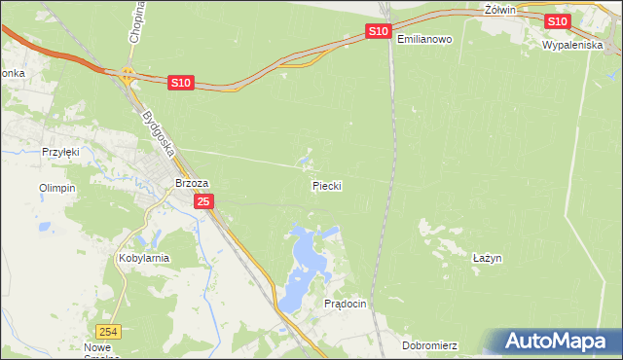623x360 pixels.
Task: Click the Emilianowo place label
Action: point(425,39)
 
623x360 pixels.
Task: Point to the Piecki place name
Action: point(327,185)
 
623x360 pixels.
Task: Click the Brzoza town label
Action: point(192,182)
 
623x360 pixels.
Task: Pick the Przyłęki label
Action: point(59,152)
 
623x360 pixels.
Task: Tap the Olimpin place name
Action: point(56,188)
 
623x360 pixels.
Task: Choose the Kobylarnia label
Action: point(143,258)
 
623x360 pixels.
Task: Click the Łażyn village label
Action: point(486,258)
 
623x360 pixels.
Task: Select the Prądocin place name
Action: point(345,304)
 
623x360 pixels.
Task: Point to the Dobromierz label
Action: point(428,345)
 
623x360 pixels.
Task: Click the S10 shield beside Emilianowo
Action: point(379,32)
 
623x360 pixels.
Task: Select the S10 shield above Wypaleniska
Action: point(557,21)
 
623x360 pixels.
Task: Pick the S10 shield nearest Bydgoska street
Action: point(180,84)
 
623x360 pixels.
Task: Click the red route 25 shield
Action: point(202,201)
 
